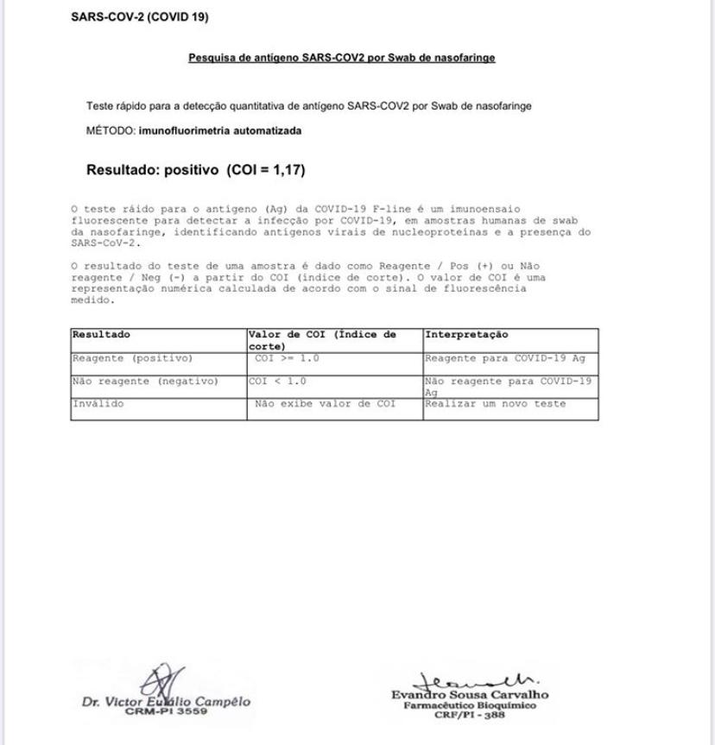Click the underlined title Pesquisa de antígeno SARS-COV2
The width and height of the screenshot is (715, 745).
pos(341,59)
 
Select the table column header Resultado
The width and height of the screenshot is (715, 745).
pos(101,334)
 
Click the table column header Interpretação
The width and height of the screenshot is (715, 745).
pos(466,334)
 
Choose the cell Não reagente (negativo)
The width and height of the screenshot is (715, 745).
pos(145,381)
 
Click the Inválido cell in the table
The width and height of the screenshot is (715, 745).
pos(98,403)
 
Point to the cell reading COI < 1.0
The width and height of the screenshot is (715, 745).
pos(277,381)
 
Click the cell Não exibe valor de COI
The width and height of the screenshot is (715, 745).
pos(325,403)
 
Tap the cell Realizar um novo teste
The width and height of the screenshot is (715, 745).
pos(495,403)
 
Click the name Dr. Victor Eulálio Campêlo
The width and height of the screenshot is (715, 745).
pos(166,702)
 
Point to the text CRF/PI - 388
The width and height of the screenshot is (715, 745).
pos(471,714)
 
